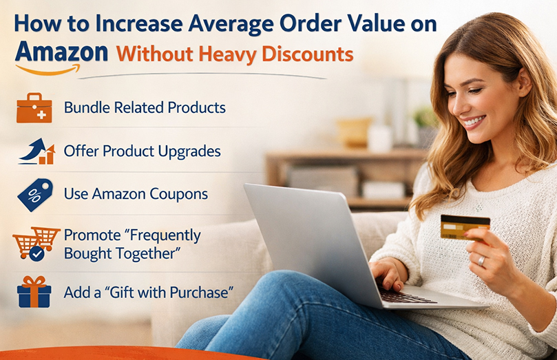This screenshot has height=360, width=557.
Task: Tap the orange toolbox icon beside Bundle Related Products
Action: tap(34, 107)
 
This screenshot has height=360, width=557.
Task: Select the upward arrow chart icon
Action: tap(37, 151)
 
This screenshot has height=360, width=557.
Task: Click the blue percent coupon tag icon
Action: tap(35, 194)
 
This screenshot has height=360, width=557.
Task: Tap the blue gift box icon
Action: tap(34, 292)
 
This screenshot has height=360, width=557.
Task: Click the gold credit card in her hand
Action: tap(465, 226)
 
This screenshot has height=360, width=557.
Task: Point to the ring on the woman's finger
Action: tap(482, 261)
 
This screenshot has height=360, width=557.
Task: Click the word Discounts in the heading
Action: tap(309, 53)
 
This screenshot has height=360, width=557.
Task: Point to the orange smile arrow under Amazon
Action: tap(48, 69)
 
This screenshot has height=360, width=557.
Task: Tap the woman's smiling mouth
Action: tap(473, 123)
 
